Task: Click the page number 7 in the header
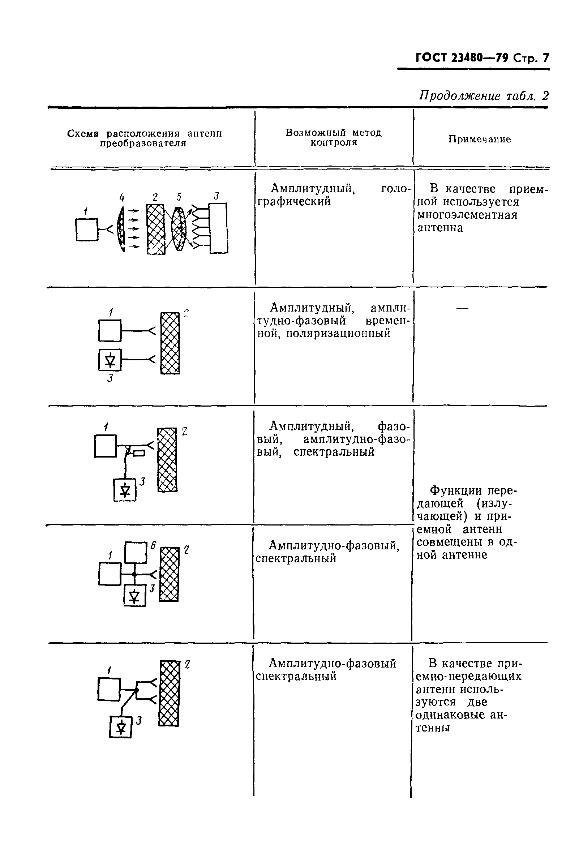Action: [545, 58]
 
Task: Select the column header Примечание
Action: [479, 139]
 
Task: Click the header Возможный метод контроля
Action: [334, 137]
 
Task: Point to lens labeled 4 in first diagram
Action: [121, 229]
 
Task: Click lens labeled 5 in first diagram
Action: [179, 229]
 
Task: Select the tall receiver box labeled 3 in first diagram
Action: [219, 228]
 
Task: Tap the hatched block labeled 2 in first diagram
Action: [156, 229]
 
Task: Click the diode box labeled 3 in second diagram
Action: [110, 360]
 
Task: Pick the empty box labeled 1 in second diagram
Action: [110, 330]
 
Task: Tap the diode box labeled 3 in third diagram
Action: [125, 490]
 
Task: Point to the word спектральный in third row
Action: [334, 452]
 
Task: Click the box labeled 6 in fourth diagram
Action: [136, 553]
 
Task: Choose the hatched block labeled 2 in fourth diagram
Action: [170, 574]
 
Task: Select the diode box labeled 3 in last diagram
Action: [120, 727]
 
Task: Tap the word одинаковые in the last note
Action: [450, 715]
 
